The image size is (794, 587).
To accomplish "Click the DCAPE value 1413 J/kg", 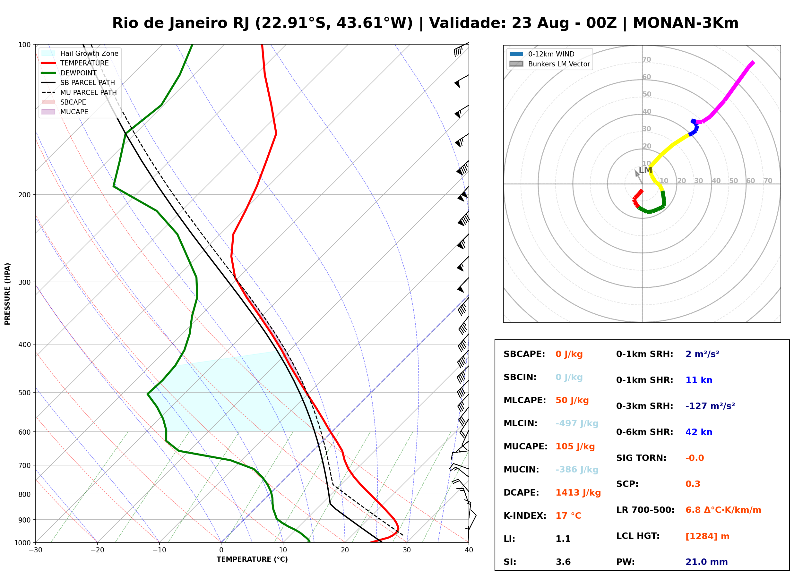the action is [x=578, y=493].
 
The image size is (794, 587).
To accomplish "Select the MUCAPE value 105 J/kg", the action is [x=575, y=447].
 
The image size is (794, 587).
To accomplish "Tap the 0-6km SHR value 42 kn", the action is [x=699, y=432].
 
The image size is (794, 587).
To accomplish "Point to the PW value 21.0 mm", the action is [x=707, y=562].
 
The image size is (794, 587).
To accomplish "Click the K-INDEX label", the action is [x=525, y=516].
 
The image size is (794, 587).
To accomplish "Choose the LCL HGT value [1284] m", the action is [x=707, y=537].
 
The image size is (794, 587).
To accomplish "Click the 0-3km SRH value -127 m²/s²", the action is [x=710, y=406].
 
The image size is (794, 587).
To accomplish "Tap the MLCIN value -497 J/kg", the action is [x=577, y=423].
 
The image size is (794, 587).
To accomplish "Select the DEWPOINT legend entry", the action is [x=78, y=73].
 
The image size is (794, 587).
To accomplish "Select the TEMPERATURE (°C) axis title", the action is [x=252, y=559].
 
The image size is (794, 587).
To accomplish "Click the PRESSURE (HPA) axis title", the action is [x=7, y=294].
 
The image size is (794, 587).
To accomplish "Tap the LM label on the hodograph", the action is [x=645, y=170].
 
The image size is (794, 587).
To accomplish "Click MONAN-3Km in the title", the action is [x=686, y=23].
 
